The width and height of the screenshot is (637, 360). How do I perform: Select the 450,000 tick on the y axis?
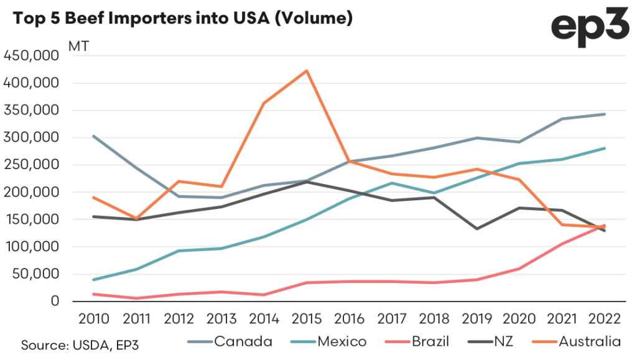31,56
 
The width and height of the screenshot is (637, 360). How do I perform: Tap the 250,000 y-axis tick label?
31,165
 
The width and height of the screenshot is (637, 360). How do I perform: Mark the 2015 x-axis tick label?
307,319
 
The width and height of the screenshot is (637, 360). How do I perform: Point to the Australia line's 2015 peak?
307,71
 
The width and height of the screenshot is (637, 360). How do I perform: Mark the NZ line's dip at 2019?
477,229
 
